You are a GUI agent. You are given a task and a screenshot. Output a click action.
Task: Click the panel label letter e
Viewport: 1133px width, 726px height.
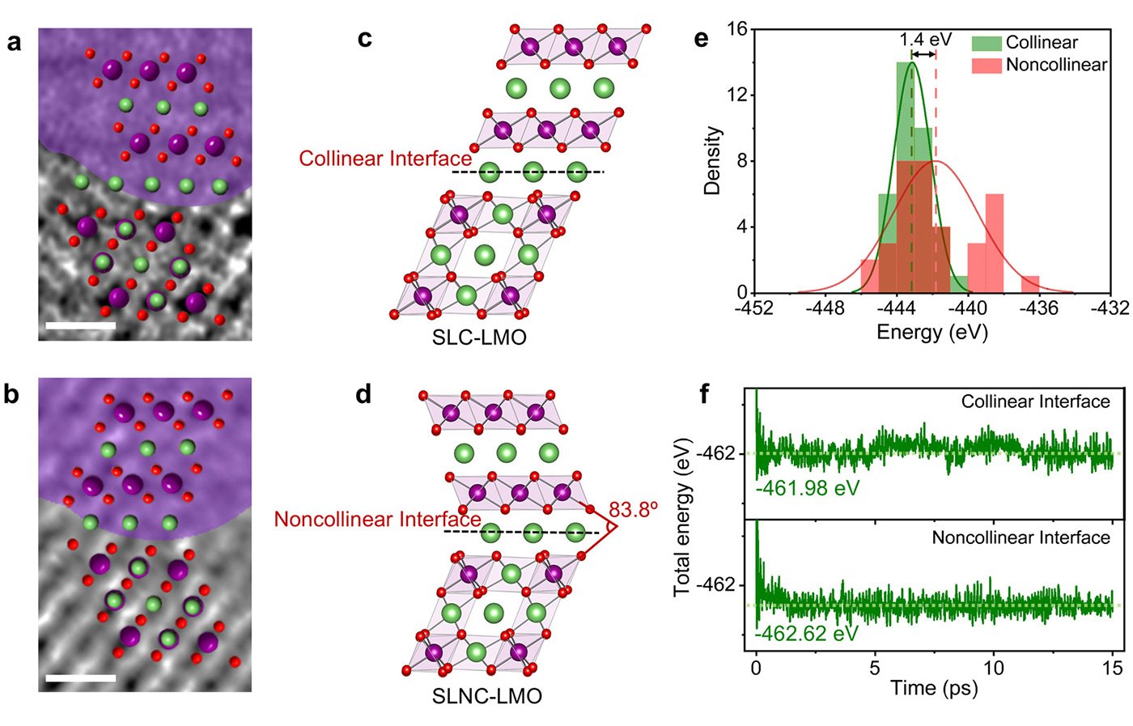click(x=701, y=39)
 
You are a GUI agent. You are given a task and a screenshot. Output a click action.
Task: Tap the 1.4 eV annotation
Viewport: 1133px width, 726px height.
click(x=925, y=40)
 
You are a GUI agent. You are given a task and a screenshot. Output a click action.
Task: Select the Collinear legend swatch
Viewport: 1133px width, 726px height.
click(x=987, y=43)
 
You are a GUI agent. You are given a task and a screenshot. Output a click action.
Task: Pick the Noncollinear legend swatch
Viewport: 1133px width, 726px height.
click(x=987, y=65)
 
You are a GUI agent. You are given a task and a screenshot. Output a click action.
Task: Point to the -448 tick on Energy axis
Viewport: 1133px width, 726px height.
click(x=825, y=308)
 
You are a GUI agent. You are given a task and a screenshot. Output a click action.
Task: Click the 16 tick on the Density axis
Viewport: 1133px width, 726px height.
click(x=736, y=29)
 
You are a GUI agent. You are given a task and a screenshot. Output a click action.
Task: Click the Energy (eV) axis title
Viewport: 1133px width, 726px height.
click(x=932, y=332)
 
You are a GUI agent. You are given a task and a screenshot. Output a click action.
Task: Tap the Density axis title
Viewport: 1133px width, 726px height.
click(x=712, y=160)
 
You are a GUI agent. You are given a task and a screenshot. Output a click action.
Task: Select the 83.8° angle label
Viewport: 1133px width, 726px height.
click(x=633, y=510)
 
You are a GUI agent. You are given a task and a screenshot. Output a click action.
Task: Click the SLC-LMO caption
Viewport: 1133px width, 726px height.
click(x=479, y=338)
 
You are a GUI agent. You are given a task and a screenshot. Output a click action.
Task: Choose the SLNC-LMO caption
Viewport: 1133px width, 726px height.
click(x=486, y=696)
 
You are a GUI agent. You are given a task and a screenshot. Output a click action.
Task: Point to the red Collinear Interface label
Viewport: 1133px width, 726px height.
click(x=385, y=159)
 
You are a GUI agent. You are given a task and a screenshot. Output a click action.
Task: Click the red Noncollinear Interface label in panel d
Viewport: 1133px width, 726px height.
click(x=377, y=519)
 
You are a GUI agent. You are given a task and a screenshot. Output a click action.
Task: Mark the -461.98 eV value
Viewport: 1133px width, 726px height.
click(x=807, y=488)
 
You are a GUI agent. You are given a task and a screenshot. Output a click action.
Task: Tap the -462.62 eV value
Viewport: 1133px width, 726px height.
click(x=807, y=633)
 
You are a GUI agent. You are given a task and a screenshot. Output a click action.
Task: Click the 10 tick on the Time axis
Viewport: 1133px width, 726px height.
click(x=993, y=668)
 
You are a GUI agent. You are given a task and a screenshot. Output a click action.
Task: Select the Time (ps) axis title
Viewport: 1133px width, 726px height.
click(x=934, y=689)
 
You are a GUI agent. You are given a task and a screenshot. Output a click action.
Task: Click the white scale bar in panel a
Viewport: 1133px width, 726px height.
click(x=81, y=326)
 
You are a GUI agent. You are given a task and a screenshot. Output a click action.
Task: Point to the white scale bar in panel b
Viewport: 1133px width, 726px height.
click(x=81, y=678)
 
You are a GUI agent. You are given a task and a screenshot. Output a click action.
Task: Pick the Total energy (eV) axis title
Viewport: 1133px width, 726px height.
click(x=682, y=518)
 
